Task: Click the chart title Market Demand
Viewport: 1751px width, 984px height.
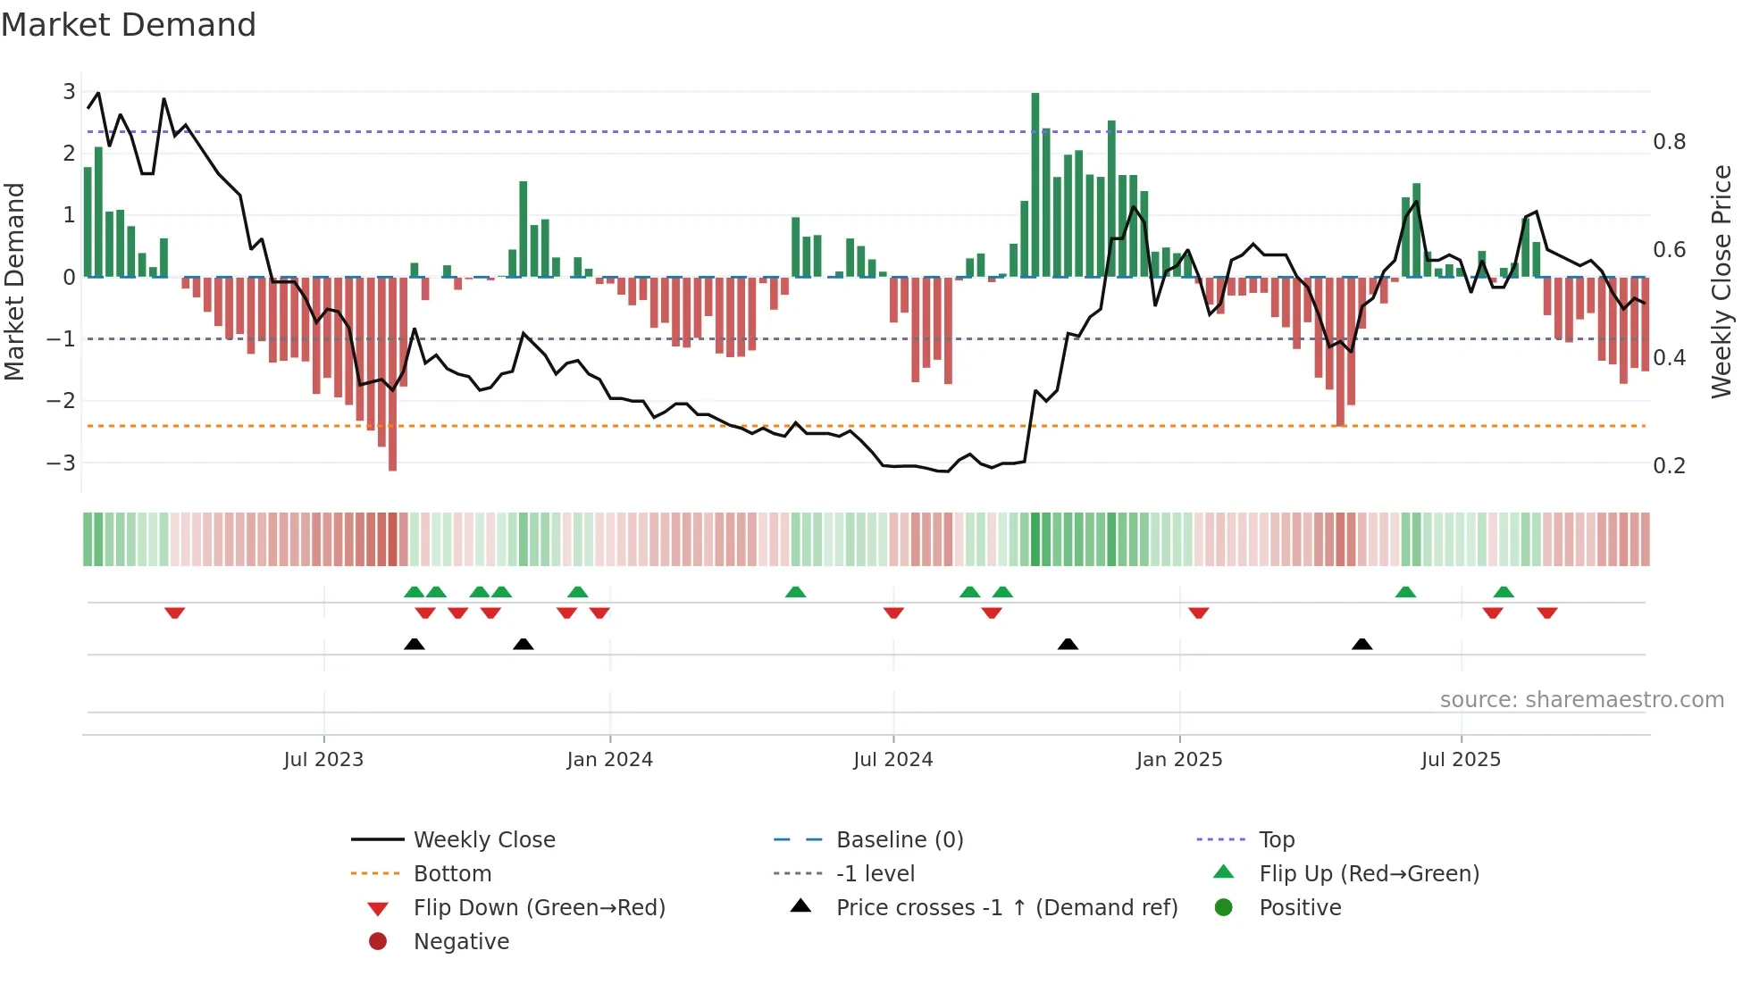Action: (x=129, y=25)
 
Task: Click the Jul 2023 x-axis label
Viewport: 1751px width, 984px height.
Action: (x=323, y=760)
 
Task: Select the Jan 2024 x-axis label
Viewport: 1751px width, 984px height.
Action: (x=609, y=760)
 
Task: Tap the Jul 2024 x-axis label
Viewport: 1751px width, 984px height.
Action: (x=892, y=760)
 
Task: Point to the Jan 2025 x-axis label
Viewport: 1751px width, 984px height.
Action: (x=1179, y=760)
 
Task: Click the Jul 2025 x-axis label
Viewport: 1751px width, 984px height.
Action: (x=1461, y=760)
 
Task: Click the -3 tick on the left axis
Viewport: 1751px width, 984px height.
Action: (x=62, y=463)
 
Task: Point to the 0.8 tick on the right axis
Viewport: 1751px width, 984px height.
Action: (x=1669, y=142)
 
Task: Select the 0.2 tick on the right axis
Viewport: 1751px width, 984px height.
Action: (x=1669, y=466)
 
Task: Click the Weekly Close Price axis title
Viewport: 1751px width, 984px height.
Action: (x=1722, y=281)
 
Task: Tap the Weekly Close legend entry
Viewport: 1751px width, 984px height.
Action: (x=483, y=840)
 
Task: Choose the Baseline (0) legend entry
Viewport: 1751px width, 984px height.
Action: (x=899, y=840)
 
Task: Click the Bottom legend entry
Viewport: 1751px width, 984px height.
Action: (x=452, y=874)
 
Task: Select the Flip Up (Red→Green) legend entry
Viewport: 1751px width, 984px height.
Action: (x=1369, y=874)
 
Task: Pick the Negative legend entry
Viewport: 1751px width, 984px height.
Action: (x=461, y=942)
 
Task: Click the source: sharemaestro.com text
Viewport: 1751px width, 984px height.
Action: (x=1581, y=700)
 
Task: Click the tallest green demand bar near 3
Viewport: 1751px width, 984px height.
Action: (x=1035, y=183)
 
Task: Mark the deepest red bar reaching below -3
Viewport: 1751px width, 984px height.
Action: (x=392, y=375)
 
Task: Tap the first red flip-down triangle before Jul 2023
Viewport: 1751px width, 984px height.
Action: (x=175, y=613)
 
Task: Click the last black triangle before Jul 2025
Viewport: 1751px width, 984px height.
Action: (x=1361, y=644)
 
